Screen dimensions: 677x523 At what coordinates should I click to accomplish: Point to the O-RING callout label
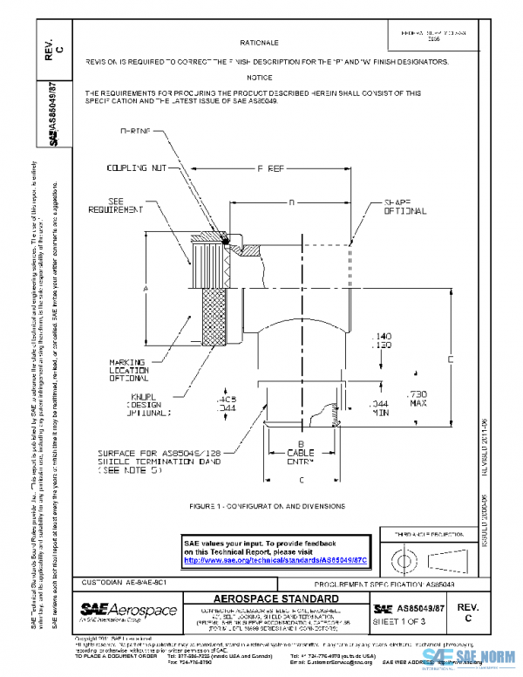(135, 130)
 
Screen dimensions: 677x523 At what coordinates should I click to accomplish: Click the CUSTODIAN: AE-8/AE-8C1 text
(118, 581)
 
